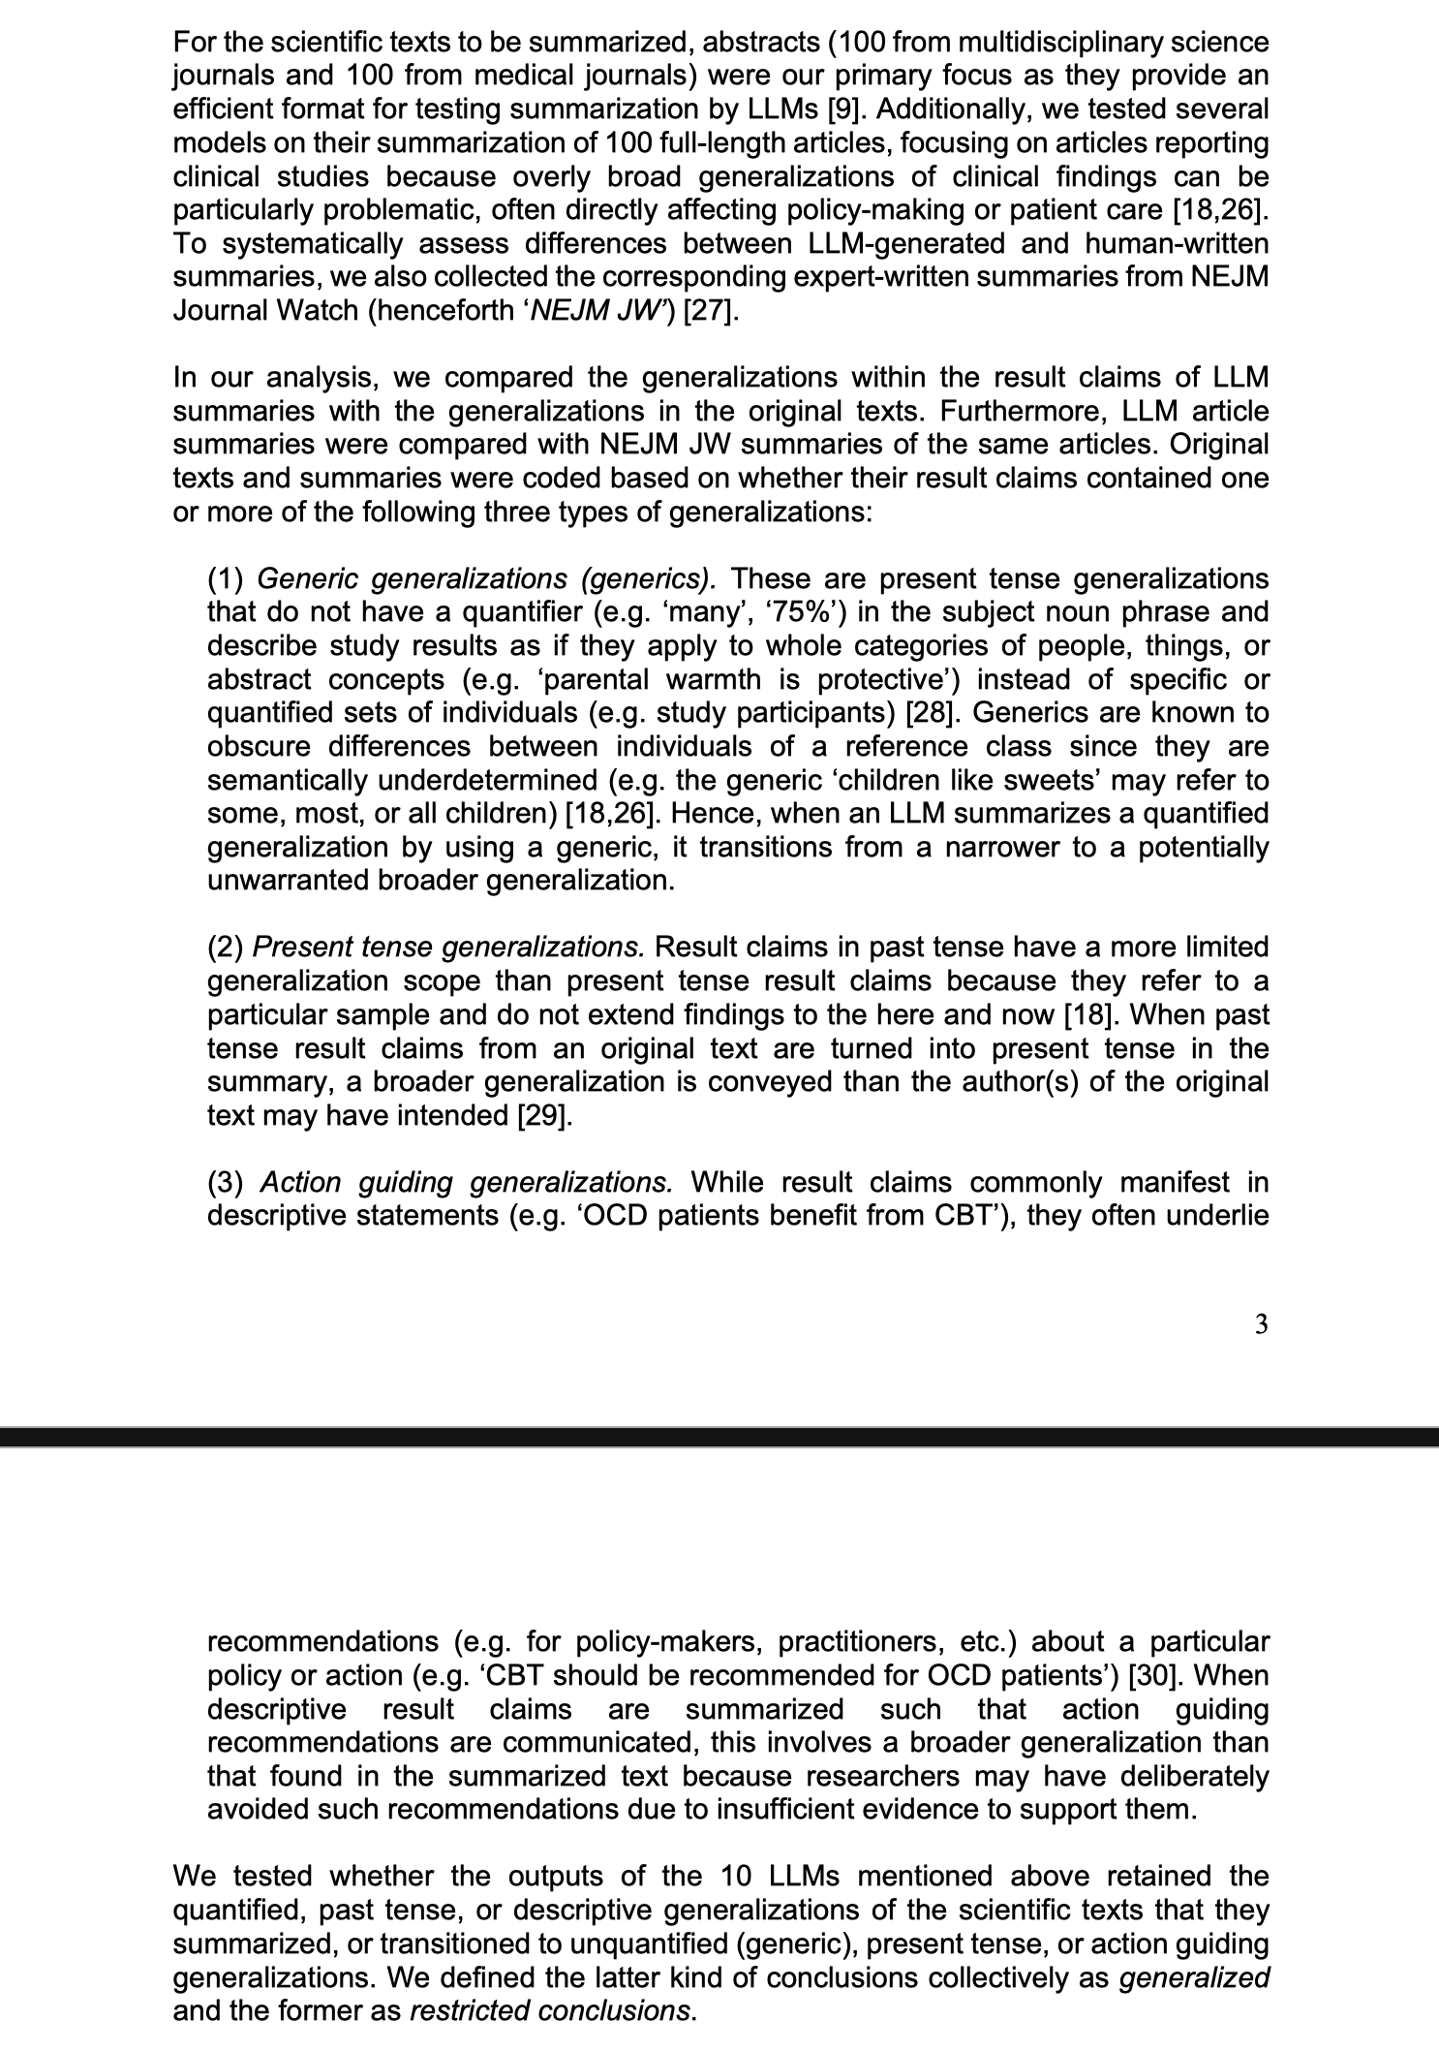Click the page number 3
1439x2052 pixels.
[1260, 1324]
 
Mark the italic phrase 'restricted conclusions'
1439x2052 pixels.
[551, 2009]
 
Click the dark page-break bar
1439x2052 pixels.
[719, 1435]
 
